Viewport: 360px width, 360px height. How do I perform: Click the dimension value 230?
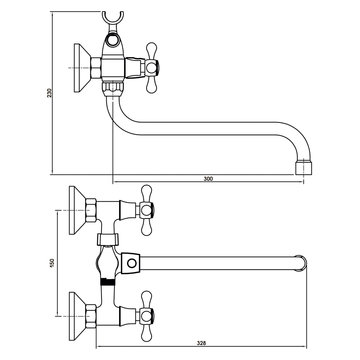click(49, 93)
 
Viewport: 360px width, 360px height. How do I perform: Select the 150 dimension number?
click(52, 263)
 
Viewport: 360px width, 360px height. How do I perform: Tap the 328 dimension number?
click(202, 343)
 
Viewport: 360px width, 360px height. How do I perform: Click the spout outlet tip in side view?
click(303, 168)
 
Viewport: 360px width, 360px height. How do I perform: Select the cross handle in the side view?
click(151, 68)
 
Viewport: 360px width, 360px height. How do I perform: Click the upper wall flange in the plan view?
click(77, 210)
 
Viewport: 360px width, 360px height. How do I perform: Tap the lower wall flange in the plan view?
click(77, 316)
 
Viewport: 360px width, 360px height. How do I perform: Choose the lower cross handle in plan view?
click(146, 316)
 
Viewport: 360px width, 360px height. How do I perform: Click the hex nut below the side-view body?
click(113, 87)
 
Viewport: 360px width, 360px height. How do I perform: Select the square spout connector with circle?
click(131, 263)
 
